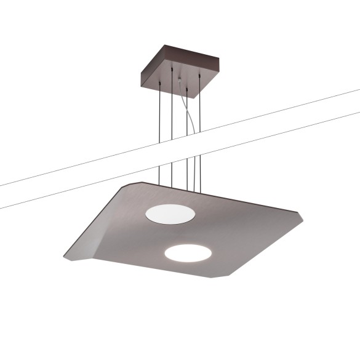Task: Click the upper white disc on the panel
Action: (x=170, y=214)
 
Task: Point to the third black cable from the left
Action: (x=186, y=135)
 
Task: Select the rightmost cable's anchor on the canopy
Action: (x=199, y=75)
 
